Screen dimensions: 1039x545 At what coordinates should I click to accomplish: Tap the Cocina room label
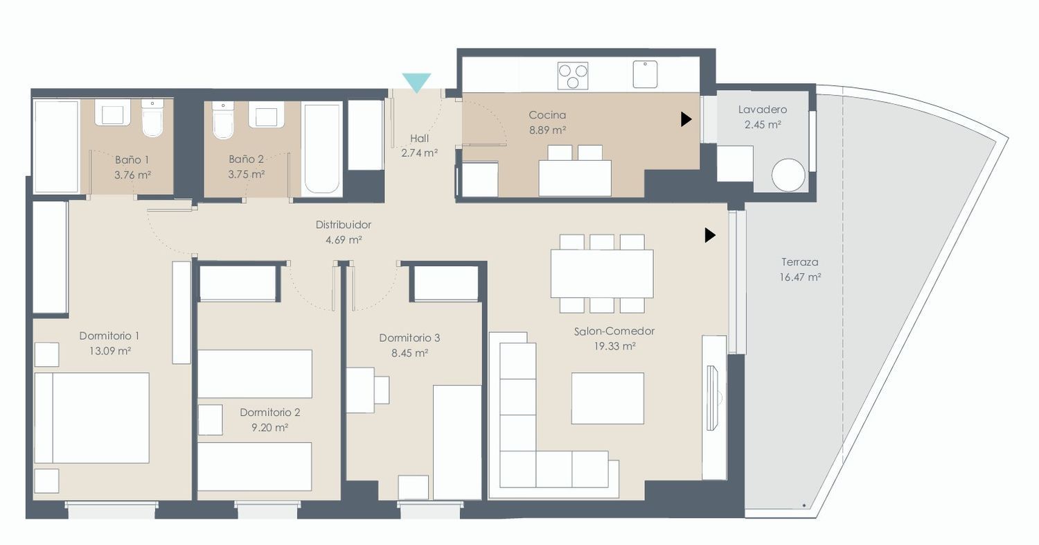pos(547,114)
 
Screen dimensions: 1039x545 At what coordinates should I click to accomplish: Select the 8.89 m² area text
pos(547,130)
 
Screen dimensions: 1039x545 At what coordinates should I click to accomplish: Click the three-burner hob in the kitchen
pos(573,76)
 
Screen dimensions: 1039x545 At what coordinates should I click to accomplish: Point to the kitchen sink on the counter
pos(645,74)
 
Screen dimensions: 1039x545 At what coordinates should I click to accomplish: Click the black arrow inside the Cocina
pos(686,119)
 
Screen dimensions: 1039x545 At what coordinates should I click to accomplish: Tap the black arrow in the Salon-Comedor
pos(710,235)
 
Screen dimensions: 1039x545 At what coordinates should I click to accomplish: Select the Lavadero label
pos(763,110)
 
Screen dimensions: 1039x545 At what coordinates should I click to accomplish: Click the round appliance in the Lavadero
pos(788,175)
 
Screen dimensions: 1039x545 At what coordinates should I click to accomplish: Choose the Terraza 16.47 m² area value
pos(800,277)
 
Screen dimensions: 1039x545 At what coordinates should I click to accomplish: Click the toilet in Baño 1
pos(152,118)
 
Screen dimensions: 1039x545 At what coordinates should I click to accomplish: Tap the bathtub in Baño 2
pos(322,148)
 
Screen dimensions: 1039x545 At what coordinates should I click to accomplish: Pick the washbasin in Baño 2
pos(266,114)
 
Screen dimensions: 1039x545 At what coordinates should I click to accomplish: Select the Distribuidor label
pos(344,225)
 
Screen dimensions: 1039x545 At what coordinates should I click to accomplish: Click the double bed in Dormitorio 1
pos(92,418)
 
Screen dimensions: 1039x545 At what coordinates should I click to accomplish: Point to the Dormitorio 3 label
pos(409,338)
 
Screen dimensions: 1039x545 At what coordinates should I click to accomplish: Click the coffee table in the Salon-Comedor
pos(607,398)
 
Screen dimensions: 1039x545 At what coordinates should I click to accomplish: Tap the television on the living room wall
pos(713,398)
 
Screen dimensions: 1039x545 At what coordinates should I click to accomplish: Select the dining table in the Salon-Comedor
pos(602,274)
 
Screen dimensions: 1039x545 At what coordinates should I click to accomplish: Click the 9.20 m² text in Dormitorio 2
pos(270,427)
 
